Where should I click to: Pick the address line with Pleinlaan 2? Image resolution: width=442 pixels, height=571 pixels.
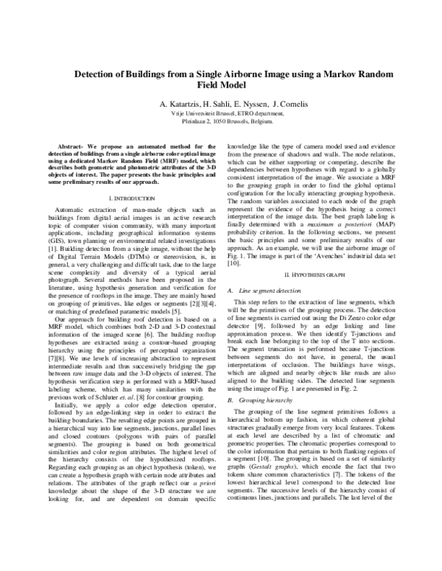coord(221,124)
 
